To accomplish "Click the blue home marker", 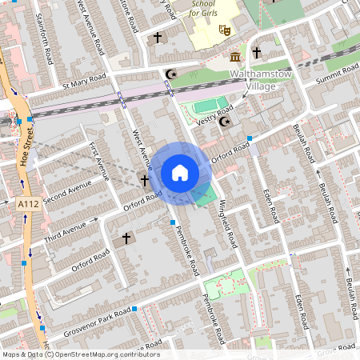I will tap(180, 173).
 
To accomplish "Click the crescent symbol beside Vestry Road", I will tap(225, 122).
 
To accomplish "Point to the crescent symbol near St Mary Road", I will tap(170, 74).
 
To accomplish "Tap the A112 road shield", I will tap(28, 206).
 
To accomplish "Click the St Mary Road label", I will tap(84, 80).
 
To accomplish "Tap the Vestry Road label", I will tap(214, 114).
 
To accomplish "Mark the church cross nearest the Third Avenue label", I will tap(125, 238).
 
